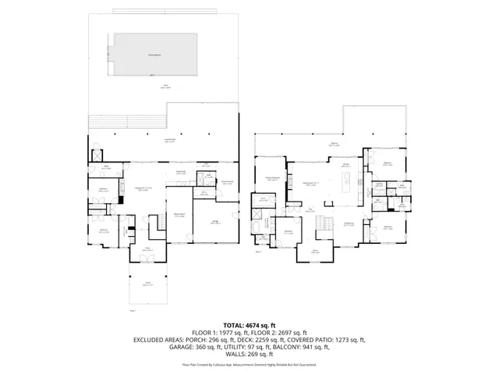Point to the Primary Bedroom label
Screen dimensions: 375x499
point(273,179)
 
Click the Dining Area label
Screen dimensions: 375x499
point(350,224)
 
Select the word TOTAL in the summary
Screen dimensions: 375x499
point(235,324)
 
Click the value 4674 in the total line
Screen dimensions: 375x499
point(257,324)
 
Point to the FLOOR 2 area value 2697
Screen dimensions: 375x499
point(298,332)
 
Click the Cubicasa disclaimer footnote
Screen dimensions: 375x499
point(249,365)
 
